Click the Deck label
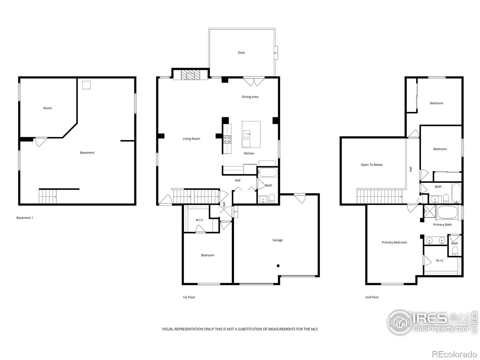coord(241,53)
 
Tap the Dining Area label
coord(250,97)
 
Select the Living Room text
coord(191,139)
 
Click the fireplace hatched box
coord(190,75)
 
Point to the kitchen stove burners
coord(227,139)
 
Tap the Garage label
coord(277,240)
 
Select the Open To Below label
coord(371,165)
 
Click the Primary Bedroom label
coord(394,242)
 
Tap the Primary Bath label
coord(442,225)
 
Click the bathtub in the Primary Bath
coord(447,212)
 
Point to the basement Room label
coord(47,108)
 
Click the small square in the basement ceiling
coord(86,85)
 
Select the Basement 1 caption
coord(25,218)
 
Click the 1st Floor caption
coord(189,297)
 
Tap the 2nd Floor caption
coord(372,297)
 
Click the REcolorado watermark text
coord(454,354)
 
